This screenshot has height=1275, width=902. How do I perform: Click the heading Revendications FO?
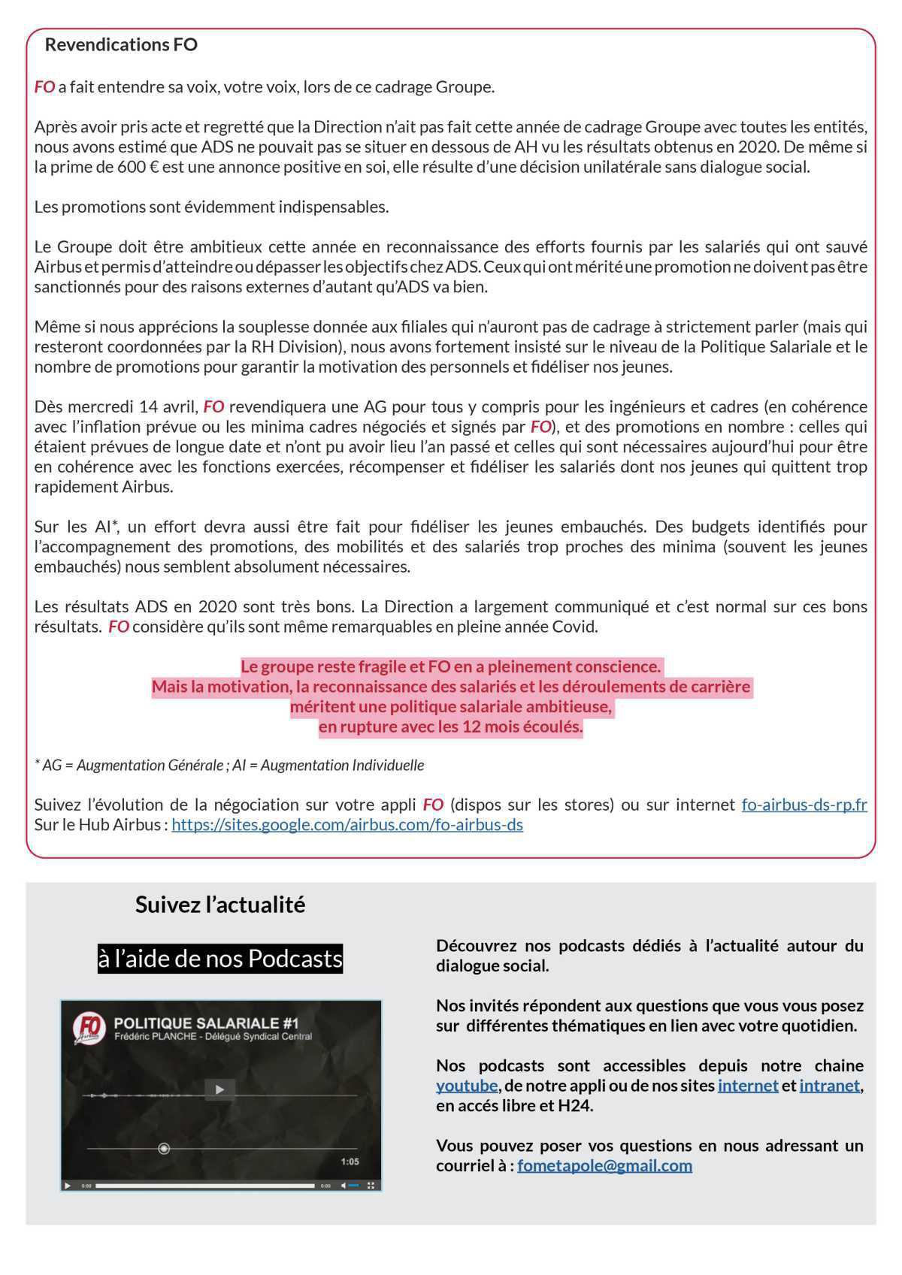pyautogui.click(x=121, y=45)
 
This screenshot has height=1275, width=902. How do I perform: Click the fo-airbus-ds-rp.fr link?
pyautogui.click(x=804, y=805)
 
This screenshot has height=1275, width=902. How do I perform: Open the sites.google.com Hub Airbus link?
pyautogui.click(x=347, y=825)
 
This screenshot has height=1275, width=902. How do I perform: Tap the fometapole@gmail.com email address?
pyautogui.click(x=604, y=1166)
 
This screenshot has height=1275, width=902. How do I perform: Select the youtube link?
pyautogui.click(x=467, y=1086)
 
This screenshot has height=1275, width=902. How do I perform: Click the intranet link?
pyautogui.click(x=829, y=1086)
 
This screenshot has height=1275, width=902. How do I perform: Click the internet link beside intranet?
pyautogui.click(x=748, y=1086)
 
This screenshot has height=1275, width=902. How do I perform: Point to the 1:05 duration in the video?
pyautogui.click(x=350, y=1162)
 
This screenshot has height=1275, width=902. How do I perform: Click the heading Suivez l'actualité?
pyautogui.click(x=220, y=905)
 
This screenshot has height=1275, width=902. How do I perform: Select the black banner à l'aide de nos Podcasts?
pyautogui.click(x=220, y=959)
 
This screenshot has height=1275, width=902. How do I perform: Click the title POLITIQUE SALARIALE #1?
pyautogui.click(x=206, y=1023)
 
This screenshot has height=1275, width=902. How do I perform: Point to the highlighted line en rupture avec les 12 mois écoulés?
pyautogui.click(x=450, y=727)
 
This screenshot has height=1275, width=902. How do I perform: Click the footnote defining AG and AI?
pyautogui.click(x=229, y=766)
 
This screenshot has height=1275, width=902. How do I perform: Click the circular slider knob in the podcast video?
pyautogui.click(x=164, y=1149)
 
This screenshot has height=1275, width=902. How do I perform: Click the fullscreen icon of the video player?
pyautogui.click(x=371, y=1186)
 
